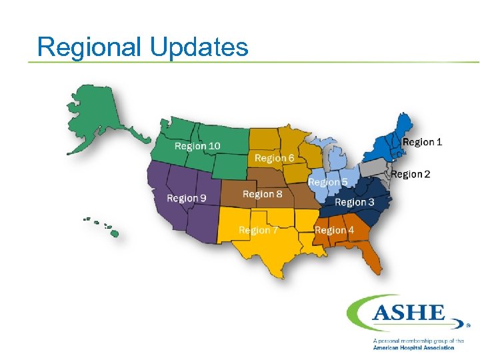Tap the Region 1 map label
[422, 141]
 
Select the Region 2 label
[410, 174]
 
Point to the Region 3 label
[354, 202]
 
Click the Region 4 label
[334, 230]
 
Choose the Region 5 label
[327, 181]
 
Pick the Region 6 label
[274, 158]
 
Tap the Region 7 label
[258, 230]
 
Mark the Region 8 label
[262, 194]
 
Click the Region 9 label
[186, 198]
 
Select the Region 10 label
[197, 146]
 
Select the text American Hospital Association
[413, 347]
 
